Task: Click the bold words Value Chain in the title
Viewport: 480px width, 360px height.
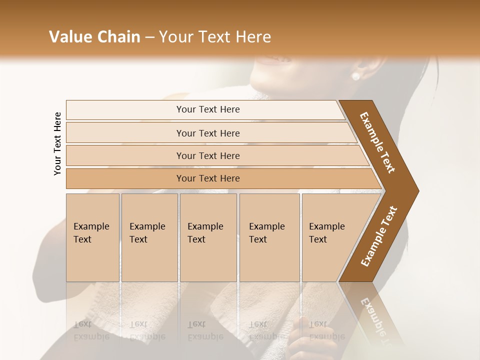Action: [94, 37]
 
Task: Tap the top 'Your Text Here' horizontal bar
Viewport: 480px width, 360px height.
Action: [207, 109]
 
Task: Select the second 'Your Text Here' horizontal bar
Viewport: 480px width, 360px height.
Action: [207, 133]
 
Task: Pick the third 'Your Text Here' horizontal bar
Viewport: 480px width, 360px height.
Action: [207, 155]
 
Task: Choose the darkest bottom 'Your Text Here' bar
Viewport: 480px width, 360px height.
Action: [207, 178]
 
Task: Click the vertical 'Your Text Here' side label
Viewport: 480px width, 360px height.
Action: [57, 143]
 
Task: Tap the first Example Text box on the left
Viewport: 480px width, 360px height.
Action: [92, 237]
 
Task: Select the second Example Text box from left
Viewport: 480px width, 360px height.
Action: [149, 237]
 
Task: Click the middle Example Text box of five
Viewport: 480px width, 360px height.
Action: [208, 237]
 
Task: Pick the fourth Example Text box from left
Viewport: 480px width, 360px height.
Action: [269, 237]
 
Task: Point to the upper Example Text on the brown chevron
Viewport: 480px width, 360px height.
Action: [377, 142]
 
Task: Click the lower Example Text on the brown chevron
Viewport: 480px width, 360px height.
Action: [378, 236]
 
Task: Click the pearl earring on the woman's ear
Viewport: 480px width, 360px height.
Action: [355, 76]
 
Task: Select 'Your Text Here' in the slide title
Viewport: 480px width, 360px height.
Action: [215, 37]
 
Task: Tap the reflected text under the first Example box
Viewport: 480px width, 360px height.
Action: [91, 330]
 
